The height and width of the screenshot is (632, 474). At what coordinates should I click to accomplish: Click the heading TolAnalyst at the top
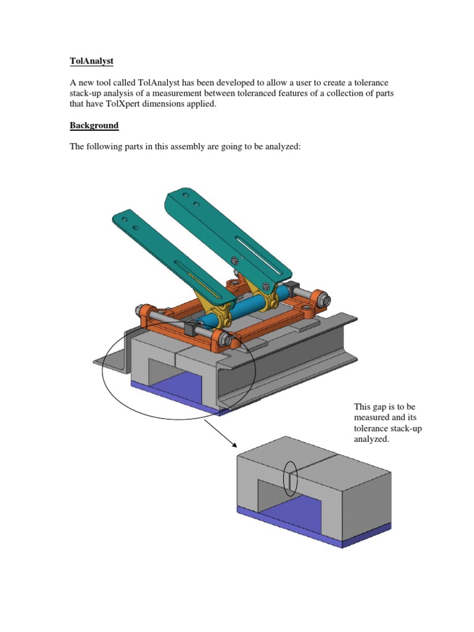(91, 62)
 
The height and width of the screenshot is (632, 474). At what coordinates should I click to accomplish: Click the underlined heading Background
(94, 125)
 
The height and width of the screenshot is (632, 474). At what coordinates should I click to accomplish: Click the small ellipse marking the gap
(290, 478)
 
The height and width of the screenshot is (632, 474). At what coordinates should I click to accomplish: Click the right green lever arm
(228, 235)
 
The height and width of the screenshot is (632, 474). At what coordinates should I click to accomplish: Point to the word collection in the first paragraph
(348, 94)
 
